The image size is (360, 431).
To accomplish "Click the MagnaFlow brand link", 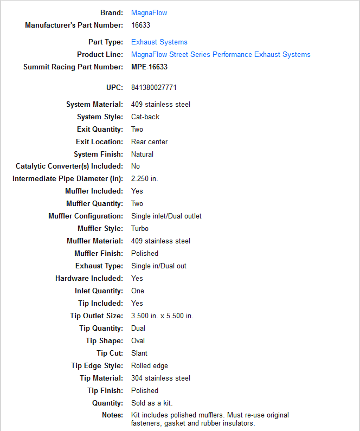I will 149,12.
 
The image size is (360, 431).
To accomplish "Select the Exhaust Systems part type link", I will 159,42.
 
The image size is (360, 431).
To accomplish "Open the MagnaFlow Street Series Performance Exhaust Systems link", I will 221,54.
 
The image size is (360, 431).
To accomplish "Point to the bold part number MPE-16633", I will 150,67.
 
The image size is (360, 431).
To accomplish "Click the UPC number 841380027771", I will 154,87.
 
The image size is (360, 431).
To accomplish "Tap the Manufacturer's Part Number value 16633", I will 141,25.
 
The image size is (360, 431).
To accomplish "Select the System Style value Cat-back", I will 145,117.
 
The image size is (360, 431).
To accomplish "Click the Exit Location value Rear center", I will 150,141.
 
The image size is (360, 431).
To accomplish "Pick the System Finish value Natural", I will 143,154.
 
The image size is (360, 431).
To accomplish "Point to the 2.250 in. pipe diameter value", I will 145,178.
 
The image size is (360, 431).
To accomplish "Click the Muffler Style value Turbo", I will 140,228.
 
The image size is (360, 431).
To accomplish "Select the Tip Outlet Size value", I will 162,316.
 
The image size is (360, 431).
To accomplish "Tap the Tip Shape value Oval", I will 138,340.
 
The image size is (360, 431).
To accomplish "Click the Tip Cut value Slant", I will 139,353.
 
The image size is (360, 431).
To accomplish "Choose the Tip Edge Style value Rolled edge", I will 150,365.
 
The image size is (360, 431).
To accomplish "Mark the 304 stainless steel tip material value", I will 160,378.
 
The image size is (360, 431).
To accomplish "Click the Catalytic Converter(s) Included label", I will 69,166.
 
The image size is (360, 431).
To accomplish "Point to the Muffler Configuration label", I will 86,216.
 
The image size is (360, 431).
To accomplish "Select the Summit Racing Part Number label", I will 73,67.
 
